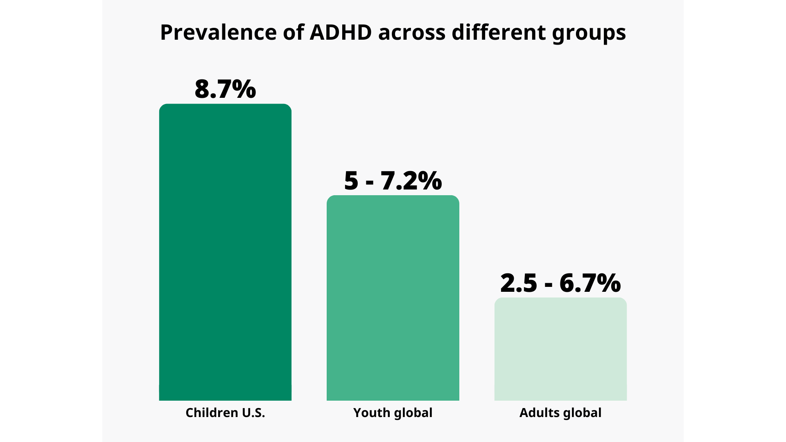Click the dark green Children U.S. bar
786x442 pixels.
[225, 252]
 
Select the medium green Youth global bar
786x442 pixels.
[393, 298]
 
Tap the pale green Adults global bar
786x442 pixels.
[560, 349]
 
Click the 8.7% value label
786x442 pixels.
[225, 89]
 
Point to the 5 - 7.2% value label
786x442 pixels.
[393, 180]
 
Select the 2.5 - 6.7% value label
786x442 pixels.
[560, 283]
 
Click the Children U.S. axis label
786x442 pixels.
[225, 413]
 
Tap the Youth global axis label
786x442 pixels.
[393, 413]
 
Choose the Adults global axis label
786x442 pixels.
[560, 413]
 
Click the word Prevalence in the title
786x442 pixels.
[218, 32]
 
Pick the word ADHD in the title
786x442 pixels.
[341, 32]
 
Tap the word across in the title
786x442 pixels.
[411, 32]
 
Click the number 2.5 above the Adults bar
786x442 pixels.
[518, 283]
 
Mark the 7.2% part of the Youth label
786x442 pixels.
[411, 180]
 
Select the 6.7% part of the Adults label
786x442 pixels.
[590, 283]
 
